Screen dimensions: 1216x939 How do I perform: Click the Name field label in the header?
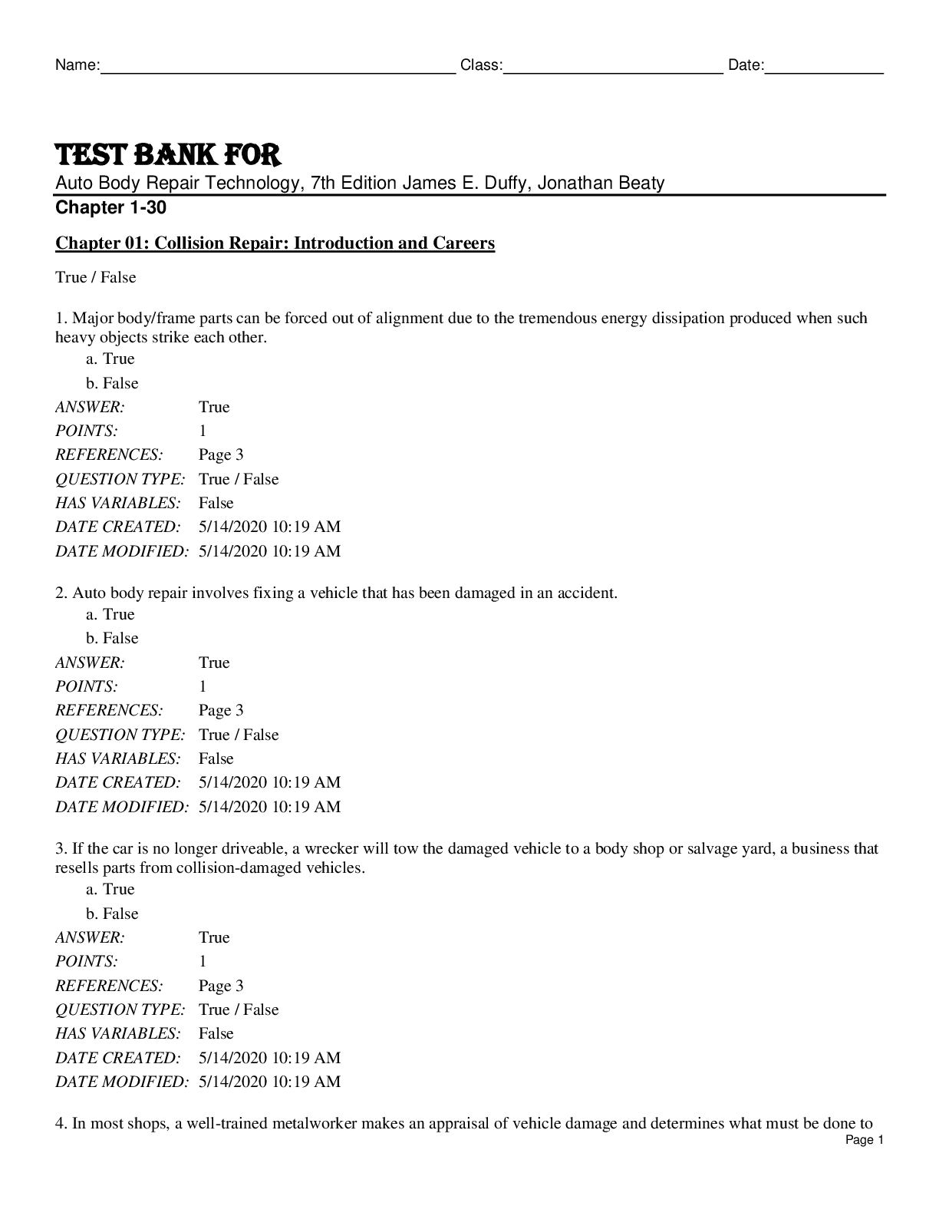[77, 66]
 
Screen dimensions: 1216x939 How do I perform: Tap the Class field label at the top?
[481, 66]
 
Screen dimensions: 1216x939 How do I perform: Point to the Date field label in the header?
[746, 66]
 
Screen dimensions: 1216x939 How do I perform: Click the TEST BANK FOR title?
[168, 155]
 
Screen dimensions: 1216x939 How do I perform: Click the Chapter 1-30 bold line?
[110, 208]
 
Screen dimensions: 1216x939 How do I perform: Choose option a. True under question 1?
[110, 359]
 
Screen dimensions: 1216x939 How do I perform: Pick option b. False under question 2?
[112, 638]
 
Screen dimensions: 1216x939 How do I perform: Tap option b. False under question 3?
[112, 914]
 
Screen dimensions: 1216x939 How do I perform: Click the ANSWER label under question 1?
[90, 407]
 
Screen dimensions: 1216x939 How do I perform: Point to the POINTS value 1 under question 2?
[203, 686]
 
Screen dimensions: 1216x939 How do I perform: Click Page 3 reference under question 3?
[221, 986]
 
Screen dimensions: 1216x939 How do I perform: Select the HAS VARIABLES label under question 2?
[117, 758]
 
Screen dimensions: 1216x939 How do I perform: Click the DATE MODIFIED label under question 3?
[121, 1082]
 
